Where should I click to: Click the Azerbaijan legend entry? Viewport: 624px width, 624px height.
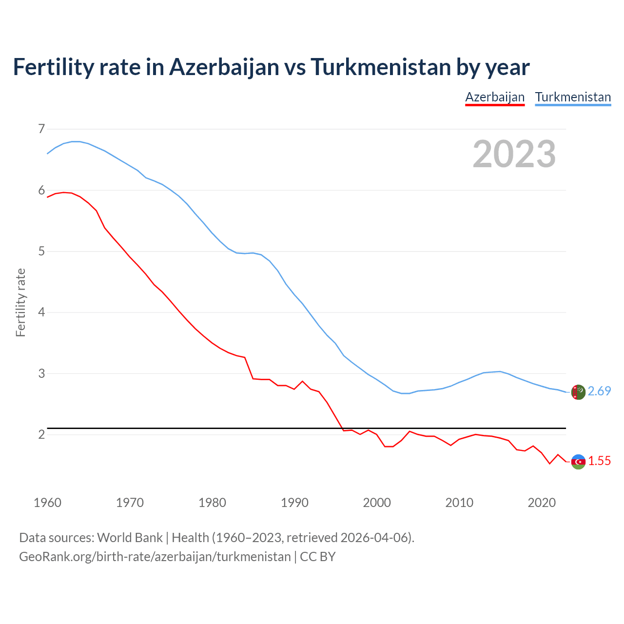coord(495,97)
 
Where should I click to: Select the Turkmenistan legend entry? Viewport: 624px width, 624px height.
coord(573,97)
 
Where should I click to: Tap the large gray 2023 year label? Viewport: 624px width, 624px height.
coord(514,154)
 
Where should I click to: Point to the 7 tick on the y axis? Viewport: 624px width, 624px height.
coord(41,129)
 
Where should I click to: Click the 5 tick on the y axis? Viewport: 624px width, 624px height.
coord(41,252)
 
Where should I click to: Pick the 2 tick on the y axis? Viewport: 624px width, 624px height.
coord(41,434)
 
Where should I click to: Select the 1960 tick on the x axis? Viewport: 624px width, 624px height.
coord(47,503)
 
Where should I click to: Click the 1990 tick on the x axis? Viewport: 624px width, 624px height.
coord(294,503)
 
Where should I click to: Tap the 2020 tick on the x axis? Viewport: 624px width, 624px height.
coord(542,503)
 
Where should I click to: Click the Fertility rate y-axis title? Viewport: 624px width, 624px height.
coord(20,302)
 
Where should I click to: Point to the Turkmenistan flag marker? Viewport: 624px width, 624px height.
coord(578,392)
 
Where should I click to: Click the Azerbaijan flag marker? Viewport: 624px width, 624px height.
coord(578,462)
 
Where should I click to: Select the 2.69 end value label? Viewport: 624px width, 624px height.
coord(599,391)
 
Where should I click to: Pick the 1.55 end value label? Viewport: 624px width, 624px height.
coord(599,461)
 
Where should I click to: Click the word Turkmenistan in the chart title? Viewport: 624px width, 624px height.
coord(380,67)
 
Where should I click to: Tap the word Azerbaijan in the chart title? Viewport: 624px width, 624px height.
coord(224,67)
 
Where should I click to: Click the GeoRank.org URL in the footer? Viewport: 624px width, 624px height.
coord(155,557)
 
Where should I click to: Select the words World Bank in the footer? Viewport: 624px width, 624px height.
coord(130,538)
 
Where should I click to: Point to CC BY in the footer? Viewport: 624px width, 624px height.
coord(318,557)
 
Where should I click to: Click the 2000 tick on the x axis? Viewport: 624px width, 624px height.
coord(377,503)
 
